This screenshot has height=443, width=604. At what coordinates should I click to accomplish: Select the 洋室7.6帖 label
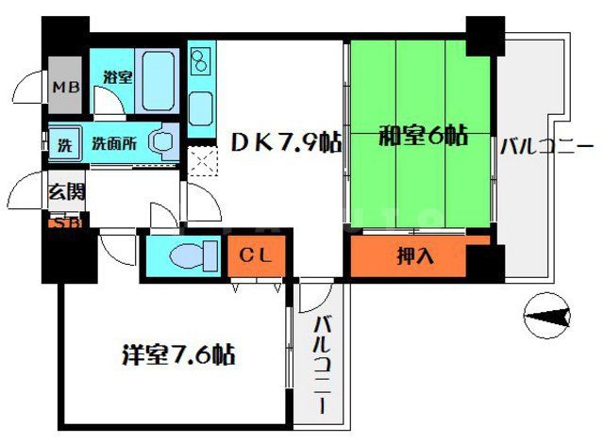coord(177,355)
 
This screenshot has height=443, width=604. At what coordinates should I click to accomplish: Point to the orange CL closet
coord(255,254)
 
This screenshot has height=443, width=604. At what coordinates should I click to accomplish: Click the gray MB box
coord(65,88)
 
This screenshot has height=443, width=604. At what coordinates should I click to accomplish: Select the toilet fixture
coord(185,254)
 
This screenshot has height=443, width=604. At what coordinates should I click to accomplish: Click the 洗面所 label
coord(114,144)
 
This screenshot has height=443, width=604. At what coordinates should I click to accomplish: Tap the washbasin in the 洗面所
coord(164,142)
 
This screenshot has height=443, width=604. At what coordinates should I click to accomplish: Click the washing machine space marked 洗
coord(64,145)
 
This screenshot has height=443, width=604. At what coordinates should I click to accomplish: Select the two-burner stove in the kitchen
coord(201,62)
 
